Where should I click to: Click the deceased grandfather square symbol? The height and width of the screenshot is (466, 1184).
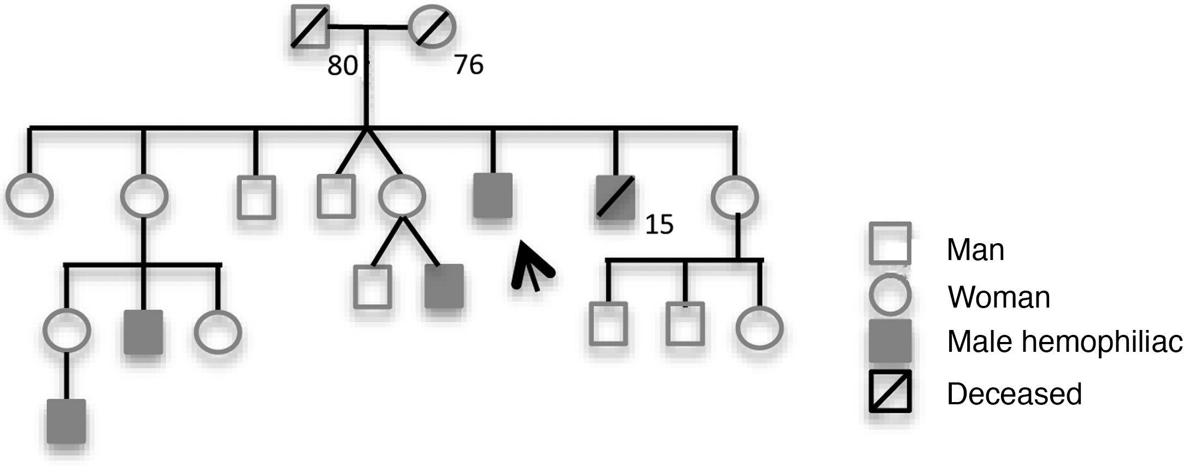pyautogui.click(x=310, y=26)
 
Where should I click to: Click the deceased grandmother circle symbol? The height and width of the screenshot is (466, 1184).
pyautogui.click(x=432, y=26)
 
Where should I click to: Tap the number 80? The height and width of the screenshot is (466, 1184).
pyautogui.click(x=342, y=66)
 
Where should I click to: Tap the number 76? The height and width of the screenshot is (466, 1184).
pyautogui.click(x=469, y=65)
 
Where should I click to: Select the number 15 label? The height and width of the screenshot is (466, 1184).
pyautogui.click(x=659, y=225)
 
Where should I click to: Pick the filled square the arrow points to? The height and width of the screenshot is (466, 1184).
pyautogui.click(x=493, y=196)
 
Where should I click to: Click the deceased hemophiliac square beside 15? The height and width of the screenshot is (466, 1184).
pyautogui.click(x=615, y=197)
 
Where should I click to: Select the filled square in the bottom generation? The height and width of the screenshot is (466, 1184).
pyautogui.click(x=66, y=421)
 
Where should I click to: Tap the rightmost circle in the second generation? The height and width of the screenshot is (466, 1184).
pyautogui.click(x=735, y=197)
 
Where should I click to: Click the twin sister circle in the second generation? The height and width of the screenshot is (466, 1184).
pyautogui.click(x=402, y=196)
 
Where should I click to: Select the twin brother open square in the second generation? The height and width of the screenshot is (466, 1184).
pyautogui.click(x=336, y=196)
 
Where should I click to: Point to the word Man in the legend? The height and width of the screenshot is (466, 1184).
pyautogui.click(x=975, y=250)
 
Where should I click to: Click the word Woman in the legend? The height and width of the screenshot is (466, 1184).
pyautogui.click(x=999, y=297)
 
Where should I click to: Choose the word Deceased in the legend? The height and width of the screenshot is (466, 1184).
pyautogui.click(x=1014, y=393)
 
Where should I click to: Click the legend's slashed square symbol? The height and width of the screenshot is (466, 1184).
pyautogui.click(x=890, y=391)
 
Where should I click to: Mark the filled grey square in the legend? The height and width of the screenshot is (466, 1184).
pyautogui.click(x=890, y=341)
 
